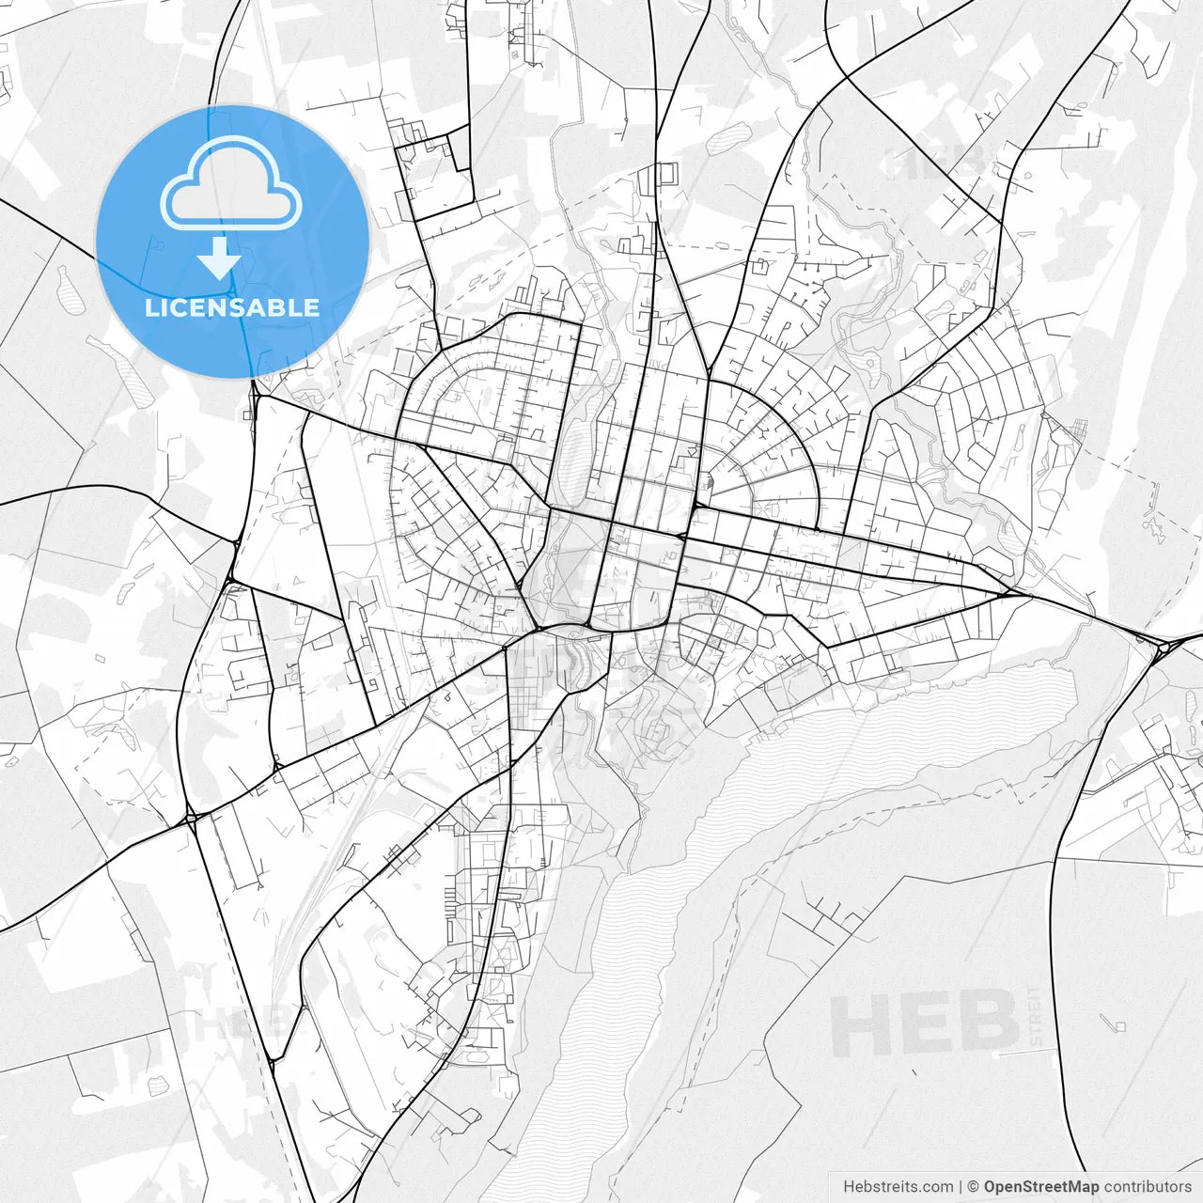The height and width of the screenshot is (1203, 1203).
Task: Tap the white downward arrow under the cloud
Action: coord(220,258)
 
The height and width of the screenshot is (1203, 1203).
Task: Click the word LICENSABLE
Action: coord(231,307)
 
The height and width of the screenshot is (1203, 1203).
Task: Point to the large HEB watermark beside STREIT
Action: coord(923,1023)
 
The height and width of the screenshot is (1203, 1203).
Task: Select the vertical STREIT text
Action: coord(1035,1016)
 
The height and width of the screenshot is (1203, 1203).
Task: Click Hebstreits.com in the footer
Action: coord(898,1187)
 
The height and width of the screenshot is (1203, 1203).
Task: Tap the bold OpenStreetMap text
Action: coord(1041,1187)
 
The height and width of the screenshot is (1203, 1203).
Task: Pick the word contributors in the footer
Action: coord(1148,1187)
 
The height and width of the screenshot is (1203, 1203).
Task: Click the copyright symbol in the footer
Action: coord(973,1187)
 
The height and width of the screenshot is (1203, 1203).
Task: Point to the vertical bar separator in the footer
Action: coord(960,1187)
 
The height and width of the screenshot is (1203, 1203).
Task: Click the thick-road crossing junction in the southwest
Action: coord(191,819)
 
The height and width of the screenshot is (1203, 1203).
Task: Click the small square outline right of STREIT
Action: coord(1119,1026)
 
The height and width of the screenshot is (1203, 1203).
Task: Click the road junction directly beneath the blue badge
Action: coord(256,396)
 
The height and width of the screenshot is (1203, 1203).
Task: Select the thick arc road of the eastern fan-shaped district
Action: coord(789,423)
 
